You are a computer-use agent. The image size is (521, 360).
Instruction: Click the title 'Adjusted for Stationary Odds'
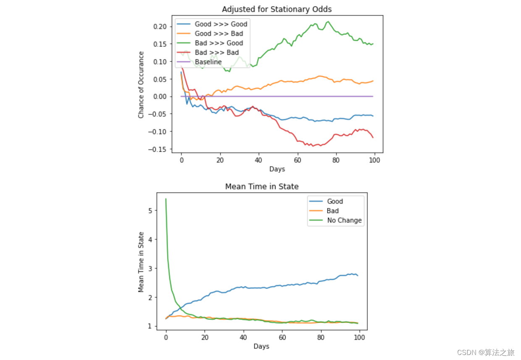pos(277,9)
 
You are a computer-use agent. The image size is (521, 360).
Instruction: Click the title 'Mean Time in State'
pos(262,187)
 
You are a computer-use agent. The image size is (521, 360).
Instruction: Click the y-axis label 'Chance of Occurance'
pos(141,84)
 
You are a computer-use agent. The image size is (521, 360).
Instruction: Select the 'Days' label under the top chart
pos(277,169)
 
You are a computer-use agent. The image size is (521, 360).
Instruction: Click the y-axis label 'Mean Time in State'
pos(141,262)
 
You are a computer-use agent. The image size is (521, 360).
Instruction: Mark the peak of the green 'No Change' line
pos(166,199)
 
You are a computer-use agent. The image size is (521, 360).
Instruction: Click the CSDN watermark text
pos(486,352)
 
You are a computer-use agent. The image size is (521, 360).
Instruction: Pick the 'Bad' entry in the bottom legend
pos(332,211)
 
